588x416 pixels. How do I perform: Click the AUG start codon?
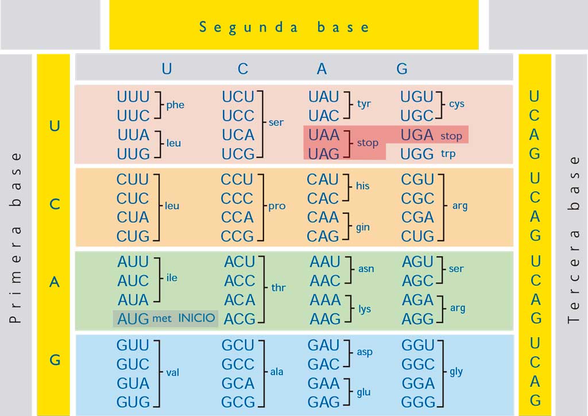[133, 319]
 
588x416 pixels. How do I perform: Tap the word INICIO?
[196, 318]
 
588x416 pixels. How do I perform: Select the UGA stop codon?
[417, 135]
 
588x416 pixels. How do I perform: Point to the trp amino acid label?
[448, 154]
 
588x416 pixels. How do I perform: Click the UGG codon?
[417, 154]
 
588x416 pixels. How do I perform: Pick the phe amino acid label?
[175, 105]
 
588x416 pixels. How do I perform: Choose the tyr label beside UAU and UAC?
[363, 104]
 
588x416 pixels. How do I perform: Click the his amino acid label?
[363, 186]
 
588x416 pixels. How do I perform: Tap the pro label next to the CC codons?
[277, 206]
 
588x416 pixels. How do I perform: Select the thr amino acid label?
[278, 287]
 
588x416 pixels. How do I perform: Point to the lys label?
[365, 309]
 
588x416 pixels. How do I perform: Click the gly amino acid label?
[456, 372]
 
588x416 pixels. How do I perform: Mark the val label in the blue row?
[172, 372]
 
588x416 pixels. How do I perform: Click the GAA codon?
[323, 383]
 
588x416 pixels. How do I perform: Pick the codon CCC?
[237, 198]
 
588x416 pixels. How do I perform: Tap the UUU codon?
[133, 97]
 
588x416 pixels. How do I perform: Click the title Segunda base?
[284, 28]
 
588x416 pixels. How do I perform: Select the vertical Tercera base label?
[574, 240]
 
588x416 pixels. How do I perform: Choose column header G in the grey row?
[402, 69]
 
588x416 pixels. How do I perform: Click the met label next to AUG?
[161, 319]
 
